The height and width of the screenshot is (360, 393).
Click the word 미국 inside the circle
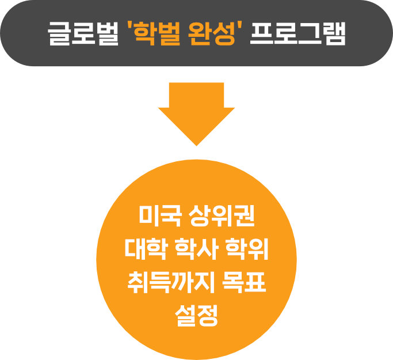pos(158,218)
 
